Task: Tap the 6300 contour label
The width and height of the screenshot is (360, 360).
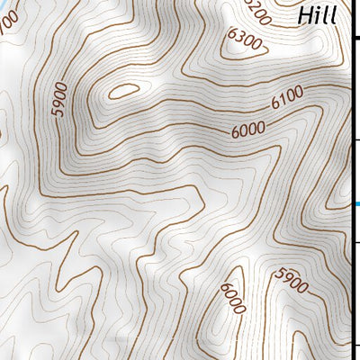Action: (245, 42)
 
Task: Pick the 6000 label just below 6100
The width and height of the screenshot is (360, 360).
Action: (247, 130)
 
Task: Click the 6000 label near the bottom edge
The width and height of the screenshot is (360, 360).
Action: (231, 300)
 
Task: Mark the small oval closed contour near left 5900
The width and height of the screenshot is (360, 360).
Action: (122, 91)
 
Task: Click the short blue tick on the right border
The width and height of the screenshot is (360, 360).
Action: (356, 205)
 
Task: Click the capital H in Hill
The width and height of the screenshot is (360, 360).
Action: (305, 15)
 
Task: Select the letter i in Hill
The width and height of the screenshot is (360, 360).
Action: (319, 15)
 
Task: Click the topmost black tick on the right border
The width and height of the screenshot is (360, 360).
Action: (355, 39)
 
